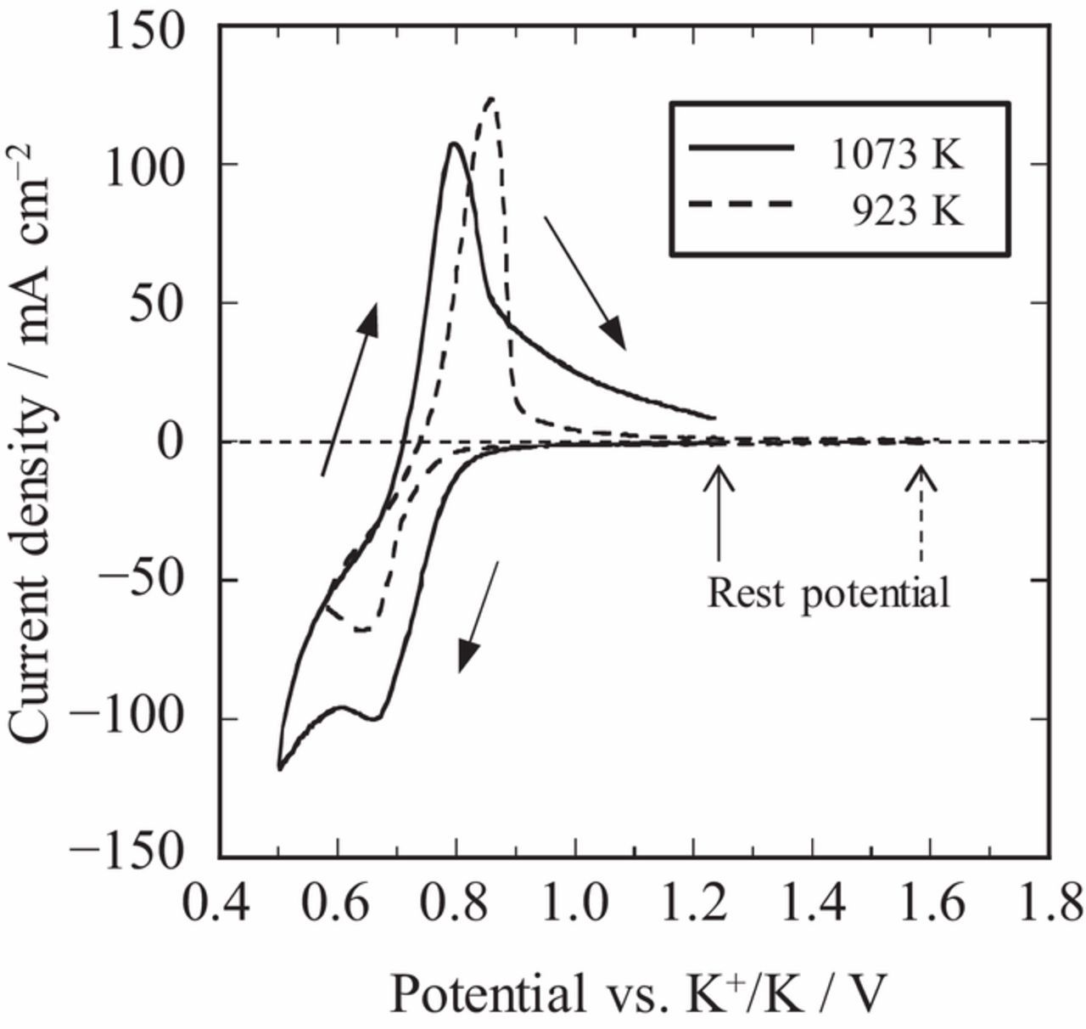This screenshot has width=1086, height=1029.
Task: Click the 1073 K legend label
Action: tap(897, 156)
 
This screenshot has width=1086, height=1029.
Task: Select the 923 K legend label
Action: tap(908, 211)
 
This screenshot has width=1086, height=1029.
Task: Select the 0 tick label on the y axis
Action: tap(193, 441)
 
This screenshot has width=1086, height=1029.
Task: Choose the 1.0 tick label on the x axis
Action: tap(575, 904)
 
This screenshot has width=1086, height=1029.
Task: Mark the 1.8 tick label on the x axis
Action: tap(1049, 904)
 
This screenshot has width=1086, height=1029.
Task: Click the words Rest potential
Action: tap(828, 593)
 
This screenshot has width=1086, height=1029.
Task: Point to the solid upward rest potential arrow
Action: tap(719, 513)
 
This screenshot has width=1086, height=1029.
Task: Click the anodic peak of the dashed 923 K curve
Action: tap(490, 99)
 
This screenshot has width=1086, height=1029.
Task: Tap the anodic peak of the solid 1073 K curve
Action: tap(455, 143)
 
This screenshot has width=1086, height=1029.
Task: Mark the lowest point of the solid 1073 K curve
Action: tap(280, 768)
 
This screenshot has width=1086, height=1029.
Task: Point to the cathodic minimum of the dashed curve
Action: tap(363, 630)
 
